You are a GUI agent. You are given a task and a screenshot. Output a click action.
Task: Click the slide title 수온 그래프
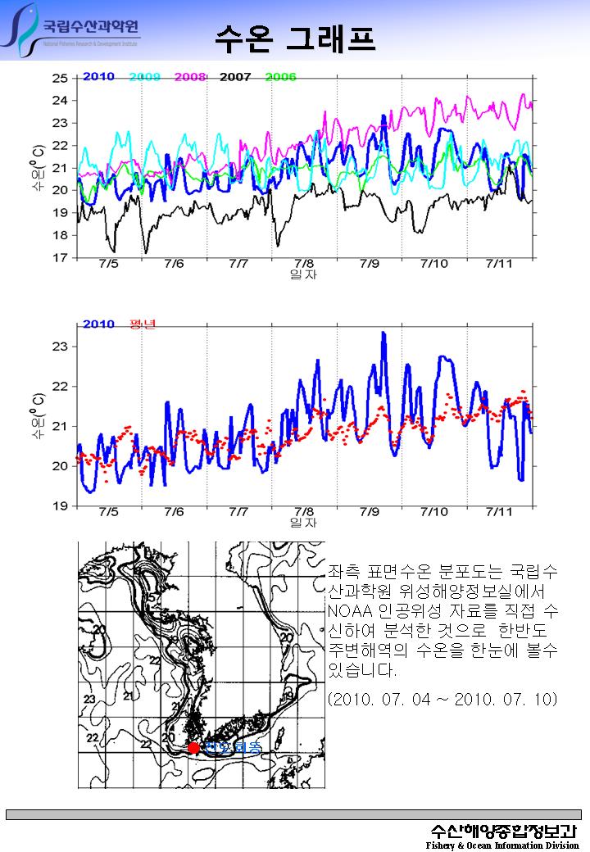coord(296,37)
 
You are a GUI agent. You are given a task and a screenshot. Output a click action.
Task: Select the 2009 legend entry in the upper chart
coord(144,77)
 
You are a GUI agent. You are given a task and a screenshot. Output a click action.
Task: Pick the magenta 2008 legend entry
coord(189,77)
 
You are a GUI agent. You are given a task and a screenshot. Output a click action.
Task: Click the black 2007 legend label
coord(235,77)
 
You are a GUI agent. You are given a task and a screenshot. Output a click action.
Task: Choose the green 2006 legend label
coord(280,77)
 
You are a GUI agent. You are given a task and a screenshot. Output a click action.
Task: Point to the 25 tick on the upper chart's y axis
coord(60,79)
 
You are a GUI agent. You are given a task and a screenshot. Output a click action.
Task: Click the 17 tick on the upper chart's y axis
coord(60,258)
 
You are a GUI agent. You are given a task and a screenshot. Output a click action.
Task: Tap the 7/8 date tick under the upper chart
coord(304,264)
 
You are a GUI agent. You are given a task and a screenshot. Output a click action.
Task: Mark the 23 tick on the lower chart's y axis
coord(60,347)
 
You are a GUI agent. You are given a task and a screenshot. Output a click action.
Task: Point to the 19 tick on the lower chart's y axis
coord(60,506)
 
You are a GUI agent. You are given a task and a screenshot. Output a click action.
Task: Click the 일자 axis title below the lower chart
coord(303,523)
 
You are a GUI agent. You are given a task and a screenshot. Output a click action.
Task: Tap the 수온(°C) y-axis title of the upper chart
coord(38,168)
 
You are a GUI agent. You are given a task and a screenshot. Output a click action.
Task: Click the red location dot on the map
coord(193,747)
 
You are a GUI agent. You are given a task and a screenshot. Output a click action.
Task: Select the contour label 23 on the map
coord(89,698)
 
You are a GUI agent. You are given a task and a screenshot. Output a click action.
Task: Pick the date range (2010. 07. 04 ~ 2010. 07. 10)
coord(442,700)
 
